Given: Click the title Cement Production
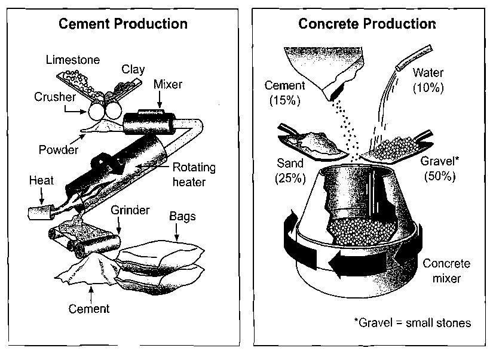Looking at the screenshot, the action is (123, 24).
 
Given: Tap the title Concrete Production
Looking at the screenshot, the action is (367, 24).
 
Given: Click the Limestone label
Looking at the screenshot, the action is (73, 60).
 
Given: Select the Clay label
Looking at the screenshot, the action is (133, 69).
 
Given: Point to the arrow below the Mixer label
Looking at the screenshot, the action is (160, 100).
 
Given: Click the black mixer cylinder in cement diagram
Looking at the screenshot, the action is (149, 122).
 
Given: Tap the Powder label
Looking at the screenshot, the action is (59, 149).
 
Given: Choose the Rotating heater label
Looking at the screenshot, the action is (194, 174).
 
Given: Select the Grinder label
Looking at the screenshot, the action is (130, 210).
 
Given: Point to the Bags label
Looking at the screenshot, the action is (182, 217).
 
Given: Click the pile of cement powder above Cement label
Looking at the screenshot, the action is (88, 270).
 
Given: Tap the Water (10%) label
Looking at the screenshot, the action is (428, 80).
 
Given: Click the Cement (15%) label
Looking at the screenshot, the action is (284, 93).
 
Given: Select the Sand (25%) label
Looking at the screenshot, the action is (290, 171).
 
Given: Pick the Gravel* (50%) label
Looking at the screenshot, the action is (440, 168).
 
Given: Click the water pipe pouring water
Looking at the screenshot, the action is (415, 57).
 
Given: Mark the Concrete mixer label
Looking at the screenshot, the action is (446, 271).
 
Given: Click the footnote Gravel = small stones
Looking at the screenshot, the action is (412, 323).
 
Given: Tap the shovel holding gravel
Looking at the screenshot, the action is (397, 147).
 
